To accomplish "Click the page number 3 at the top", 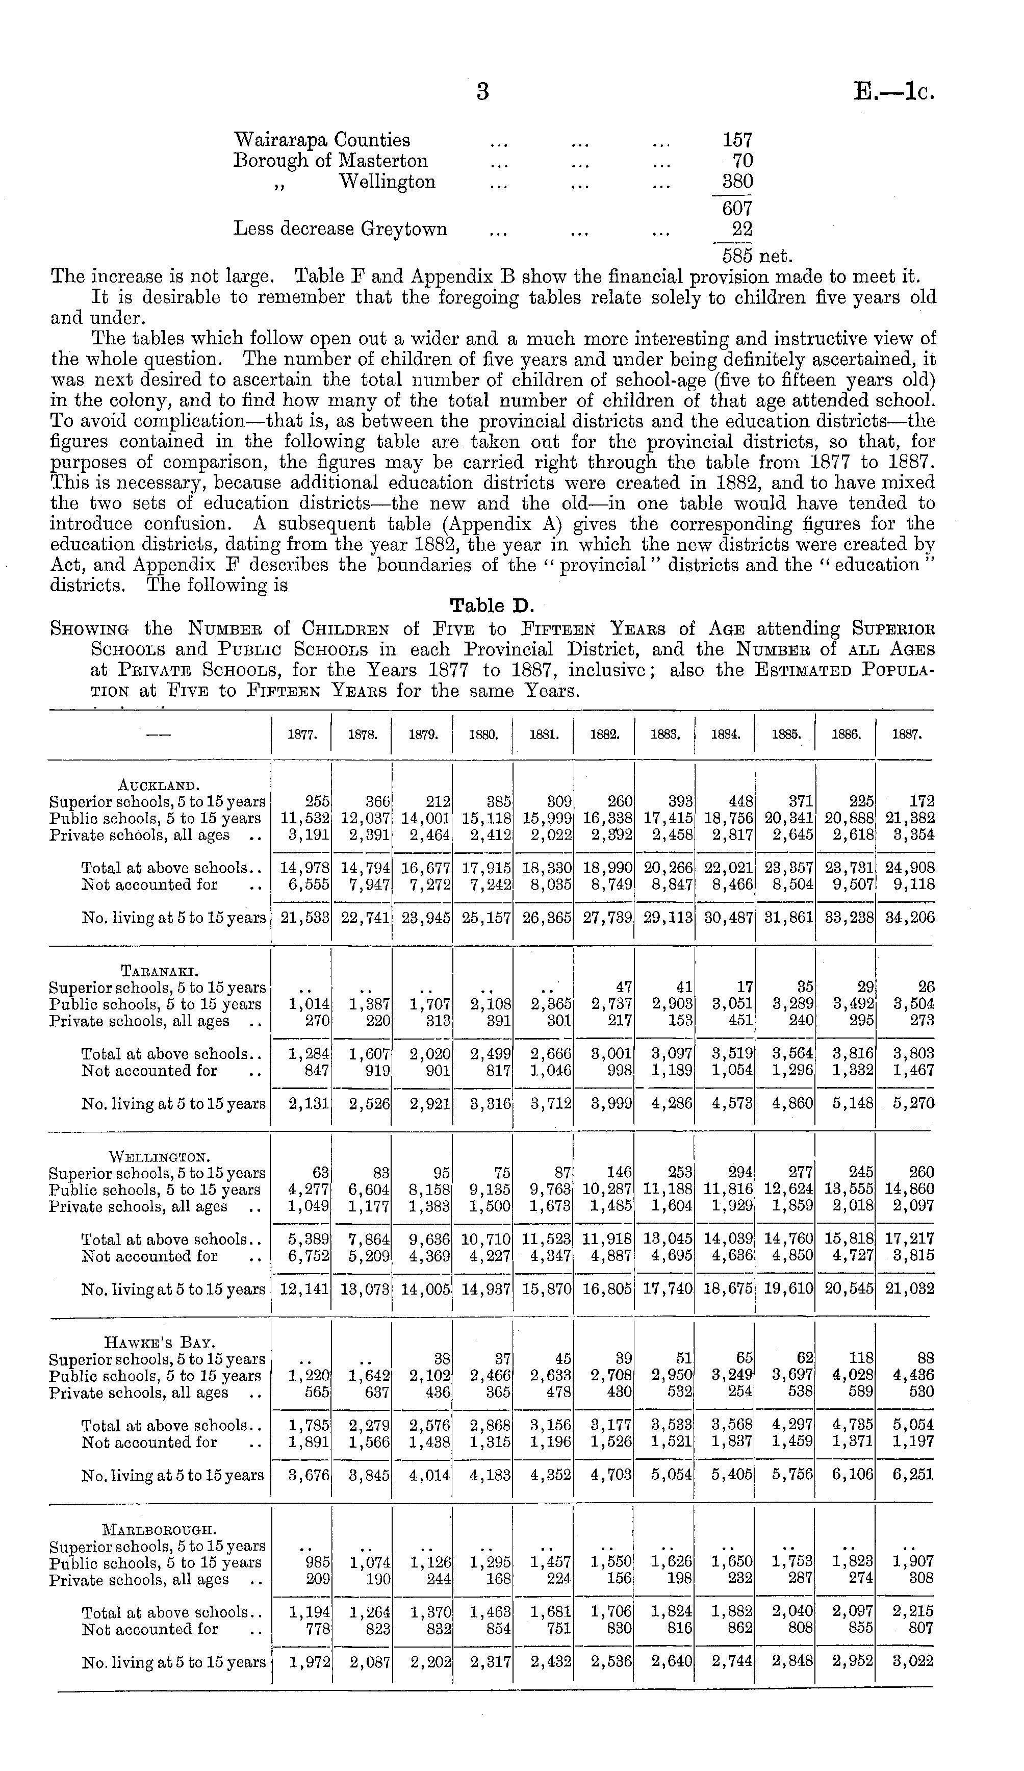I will tap(482, 92).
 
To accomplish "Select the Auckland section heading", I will tap(149, 785).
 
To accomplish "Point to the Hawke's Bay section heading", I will tap(155, 1343).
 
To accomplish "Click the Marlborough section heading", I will tap(159, 1530).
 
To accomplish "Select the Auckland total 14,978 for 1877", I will tap(304, 869).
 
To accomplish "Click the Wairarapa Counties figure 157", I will tap(737, 140).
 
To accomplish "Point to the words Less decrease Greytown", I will tap(340, 229).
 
